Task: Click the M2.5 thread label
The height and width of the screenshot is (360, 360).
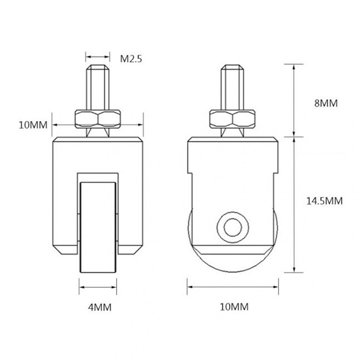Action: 131,59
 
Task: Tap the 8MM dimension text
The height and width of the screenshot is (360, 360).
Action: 326,103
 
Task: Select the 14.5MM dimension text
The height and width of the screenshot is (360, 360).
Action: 324,201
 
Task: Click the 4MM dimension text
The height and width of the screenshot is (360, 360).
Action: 100,307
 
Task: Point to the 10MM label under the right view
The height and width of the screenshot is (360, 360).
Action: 234,307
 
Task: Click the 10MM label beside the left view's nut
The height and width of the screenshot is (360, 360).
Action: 33,125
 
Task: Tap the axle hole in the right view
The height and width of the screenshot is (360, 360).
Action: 233,227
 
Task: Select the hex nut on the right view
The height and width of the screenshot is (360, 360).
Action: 233,118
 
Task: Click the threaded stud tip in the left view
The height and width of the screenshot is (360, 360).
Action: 98,68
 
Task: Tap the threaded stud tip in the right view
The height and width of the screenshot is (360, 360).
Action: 233,68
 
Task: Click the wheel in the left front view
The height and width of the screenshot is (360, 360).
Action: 98,227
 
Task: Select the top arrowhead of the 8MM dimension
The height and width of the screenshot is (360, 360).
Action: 295,67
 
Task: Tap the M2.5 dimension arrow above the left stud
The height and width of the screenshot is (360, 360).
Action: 98,57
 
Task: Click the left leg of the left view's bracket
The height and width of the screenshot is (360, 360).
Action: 65,194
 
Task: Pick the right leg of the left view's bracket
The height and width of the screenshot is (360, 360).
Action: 131,194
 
